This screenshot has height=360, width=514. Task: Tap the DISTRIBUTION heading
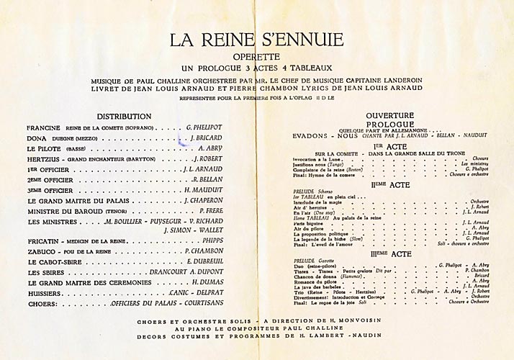click(124, 115)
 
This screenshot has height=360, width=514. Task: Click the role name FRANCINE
click(42, 127)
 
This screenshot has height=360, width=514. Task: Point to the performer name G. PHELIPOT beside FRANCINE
click(204, 127)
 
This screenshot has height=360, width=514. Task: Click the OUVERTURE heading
click(389, 115)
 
